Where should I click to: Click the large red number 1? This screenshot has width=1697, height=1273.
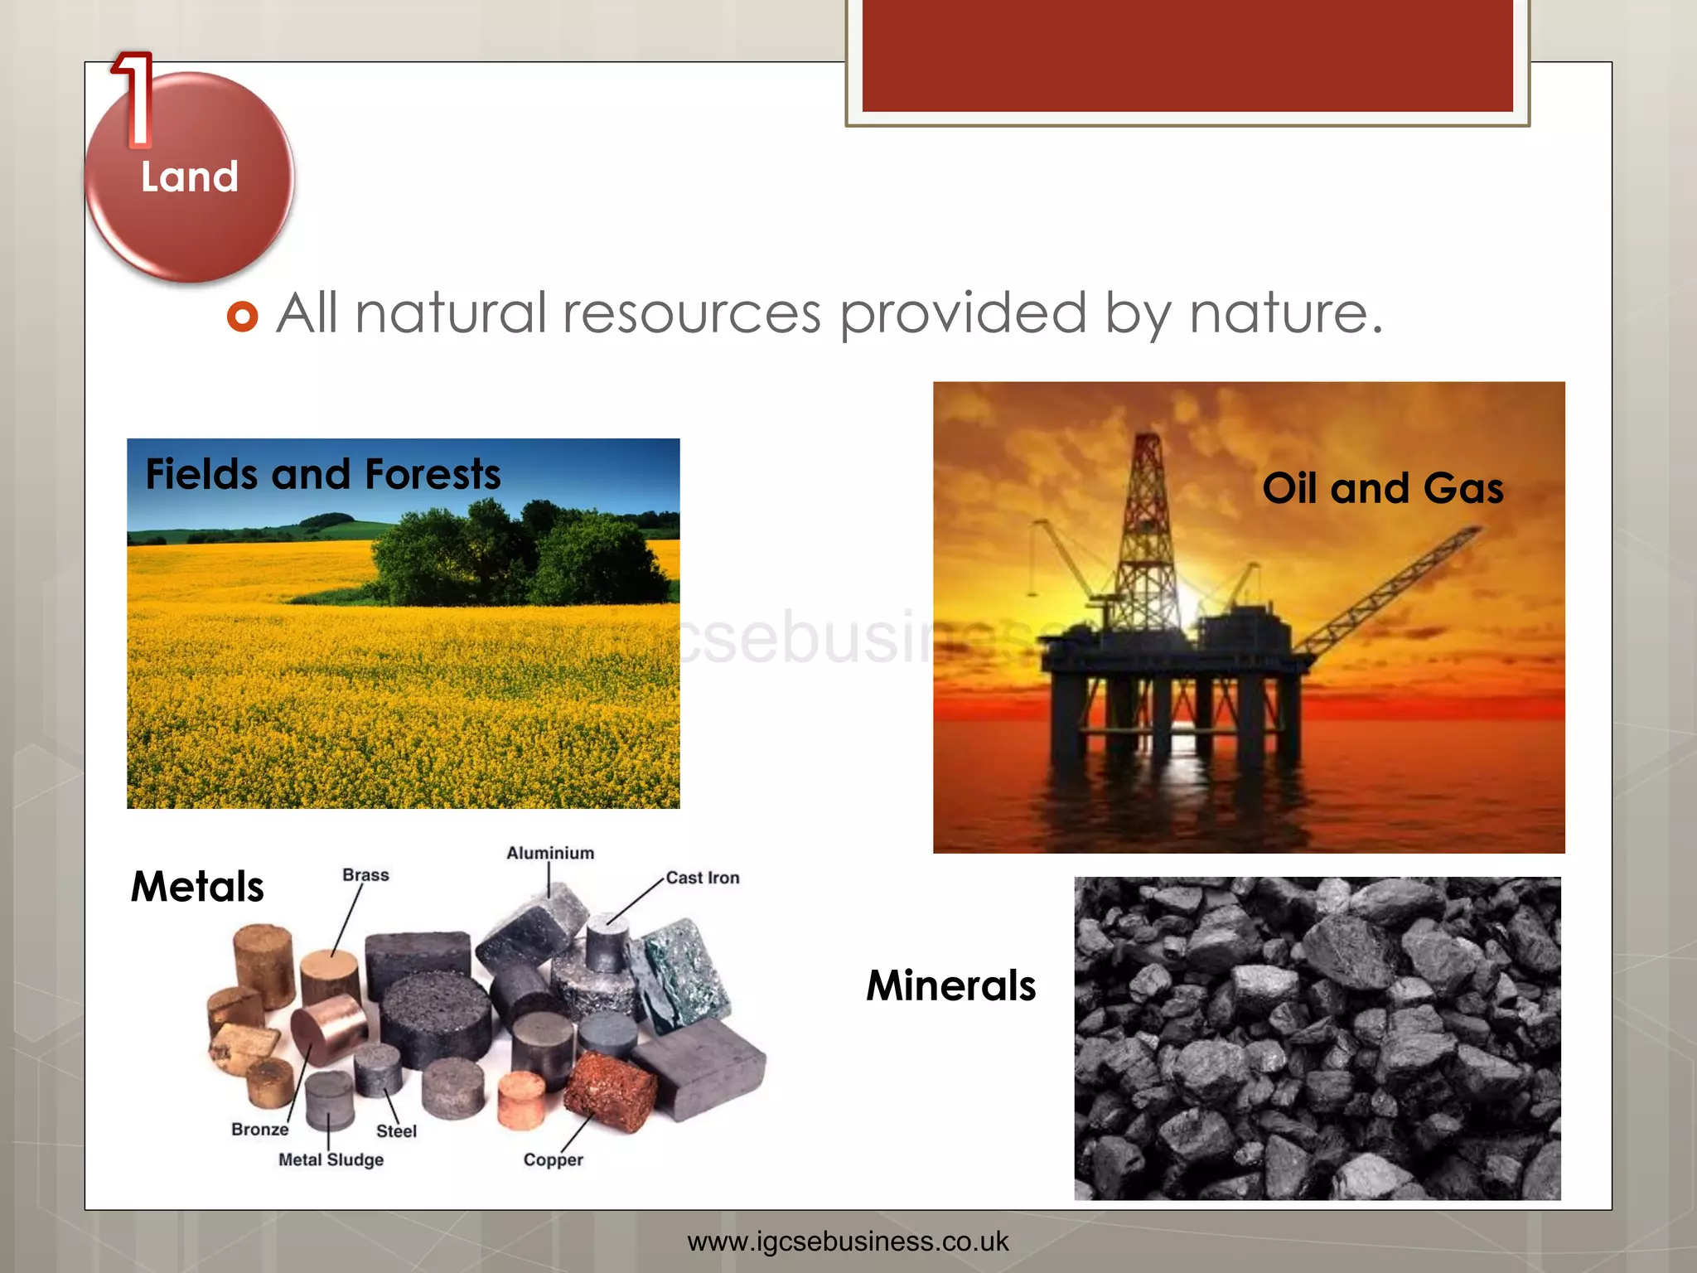click(x=135, y=99)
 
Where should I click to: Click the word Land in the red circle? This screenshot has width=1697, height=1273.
click(x=190, y=177)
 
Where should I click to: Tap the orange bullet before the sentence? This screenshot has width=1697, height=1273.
click(x=242, y=316)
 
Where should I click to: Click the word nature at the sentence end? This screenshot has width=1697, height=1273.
click(x=1284, y=313)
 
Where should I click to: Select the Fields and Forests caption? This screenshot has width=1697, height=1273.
click(x=322, y=475)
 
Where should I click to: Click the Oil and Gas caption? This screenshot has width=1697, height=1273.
click(x=1382, y=488)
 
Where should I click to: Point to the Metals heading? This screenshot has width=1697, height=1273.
click(x=197, y=887)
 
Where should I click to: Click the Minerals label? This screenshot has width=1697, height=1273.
click(x=950, y=985)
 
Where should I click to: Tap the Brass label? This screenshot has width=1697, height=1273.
click(x=365, y=875)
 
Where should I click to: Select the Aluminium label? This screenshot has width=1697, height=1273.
click(x=550, y=853)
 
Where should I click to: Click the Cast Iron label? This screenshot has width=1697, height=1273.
click(x=703, y=878)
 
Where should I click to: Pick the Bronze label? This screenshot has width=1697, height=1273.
click(x=260, y=1129)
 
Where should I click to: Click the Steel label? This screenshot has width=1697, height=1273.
click(x=396, y=1131)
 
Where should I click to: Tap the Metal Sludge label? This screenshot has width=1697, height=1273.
click(x=331, y=1159)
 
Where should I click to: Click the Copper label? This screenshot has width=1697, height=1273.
click(x=553, y=1160)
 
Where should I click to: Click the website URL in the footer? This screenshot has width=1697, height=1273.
click(x=848, y=1242)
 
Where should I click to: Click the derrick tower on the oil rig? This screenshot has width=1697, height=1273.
click(x=1147, y=530)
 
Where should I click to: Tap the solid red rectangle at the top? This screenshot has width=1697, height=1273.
click(x=1187, y=55)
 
